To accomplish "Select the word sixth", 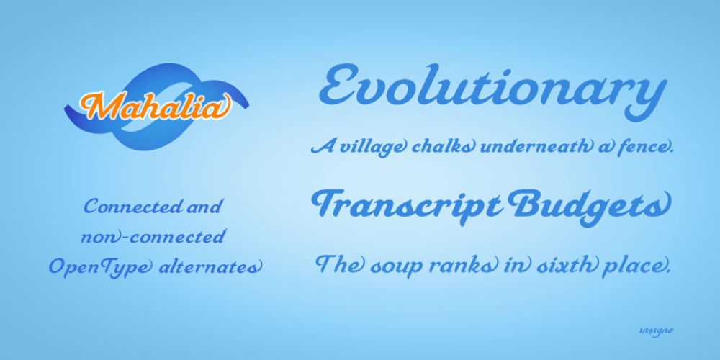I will click(x=568, y=266).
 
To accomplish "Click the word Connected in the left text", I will click(x=132, y=207).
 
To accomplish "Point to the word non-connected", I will click(x=153, y=237).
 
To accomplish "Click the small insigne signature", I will click(x=656, y=330).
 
